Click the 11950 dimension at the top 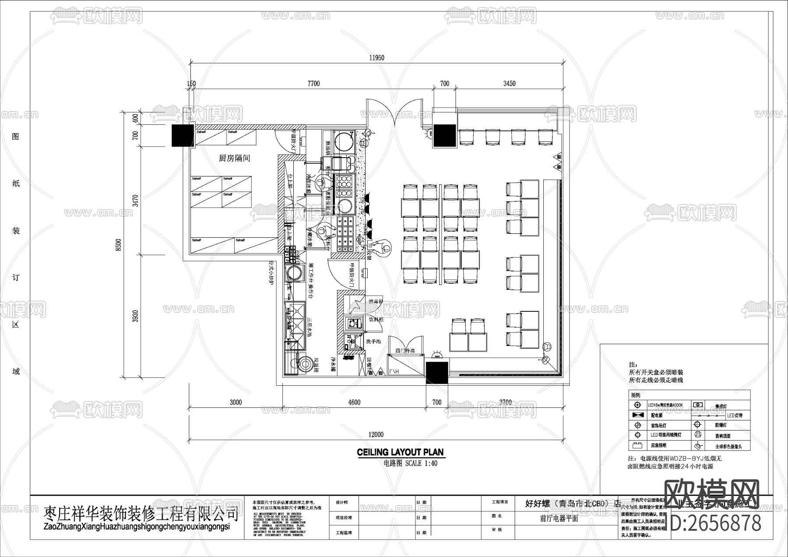pyautogui.click(x=376, y=58)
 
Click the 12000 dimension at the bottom pyautogui.click(x=376, y=434)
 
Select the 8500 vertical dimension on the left pyautogui.click(x=118, y=245)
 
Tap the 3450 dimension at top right pyautogui.click(x=509, y=83)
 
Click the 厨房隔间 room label pyautogui.click(x=234, y=158)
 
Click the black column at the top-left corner pyautogui.click(x=182, y=135)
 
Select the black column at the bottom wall pyautogui.click(x=437, y=373)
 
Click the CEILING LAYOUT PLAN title pyautogui.click(x=400, y=452)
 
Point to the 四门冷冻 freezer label pyautogui.click(x=405, y=351)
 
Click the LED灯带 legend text pyautogui.click(x=735, y=415)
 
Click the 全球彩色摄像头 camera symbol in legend pyautogui.click(x=698, y=446)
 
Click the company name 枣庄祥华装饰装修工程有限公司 pyautogui.click(x=141, y=513)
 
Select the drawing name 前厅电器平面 pyautogui.click(x=559, y=518)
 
